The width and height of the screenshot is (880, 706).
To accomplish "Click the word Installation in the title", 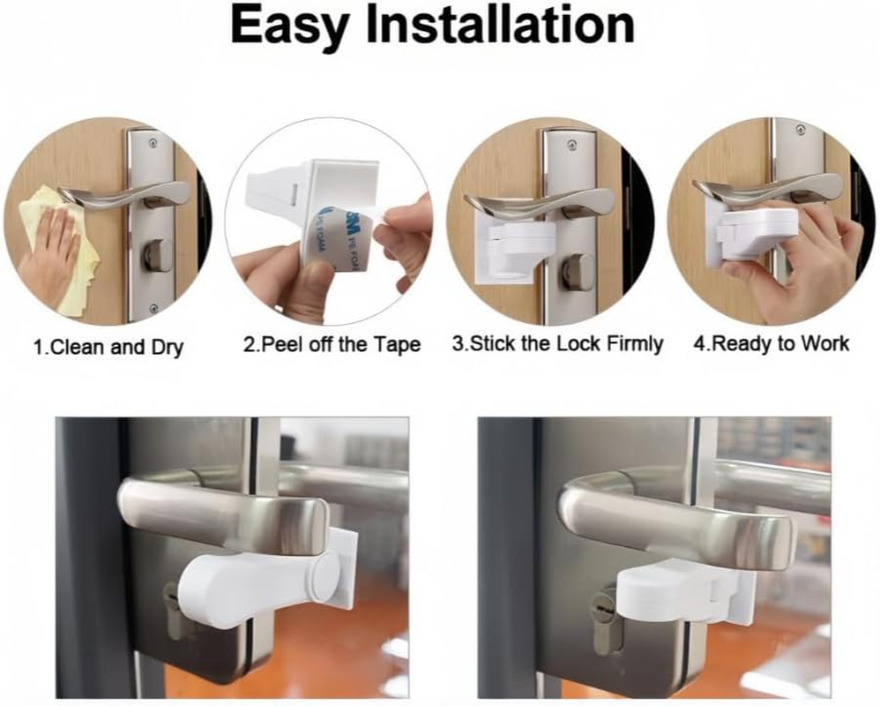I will (x=502, y=26).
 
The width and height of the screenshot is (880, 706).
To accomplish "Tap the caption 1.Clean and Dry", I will (x=108, y=347).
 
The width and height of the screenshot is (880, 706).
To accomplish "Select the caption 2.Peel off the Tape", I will (x=332, y=344).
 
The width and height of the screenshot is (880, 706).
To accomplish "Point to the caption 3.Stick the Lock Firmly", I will (x=557, y=344).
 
